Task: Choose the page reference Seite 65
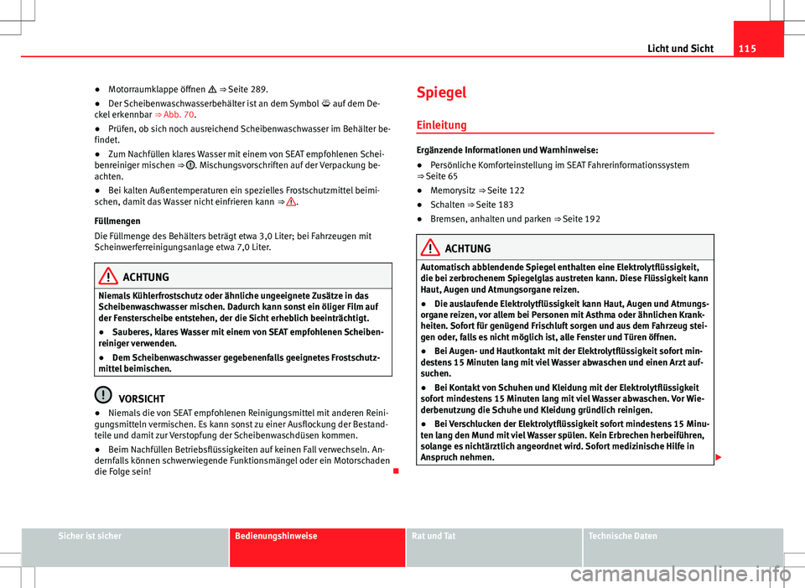click(439, 177)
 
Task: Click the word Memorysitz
click(454, 191)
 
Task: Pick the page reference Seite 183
click(495, 205)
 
